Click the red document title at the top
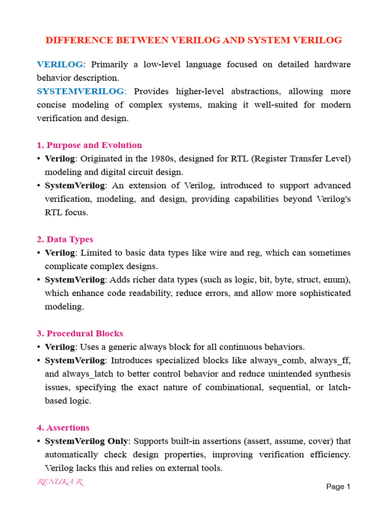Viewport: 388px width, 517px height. tap(194, 40)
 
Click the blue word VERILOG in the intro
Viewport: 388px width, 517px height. tap(60, 65)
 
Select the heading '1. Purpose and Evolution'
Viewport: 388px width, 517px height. tap(89, 145)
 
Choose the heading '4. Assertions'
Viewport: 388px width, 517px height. tap(63, 428)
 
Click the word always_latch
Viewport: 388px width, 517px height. tap(87, 374)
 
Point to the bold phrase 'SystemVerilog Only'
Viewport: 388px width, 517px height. tap(86, 441)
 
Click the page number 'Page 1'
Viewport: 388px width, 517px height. tap(338, 487)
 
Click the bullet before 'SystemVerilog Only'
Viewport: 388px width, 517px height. tap(39, 441)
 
